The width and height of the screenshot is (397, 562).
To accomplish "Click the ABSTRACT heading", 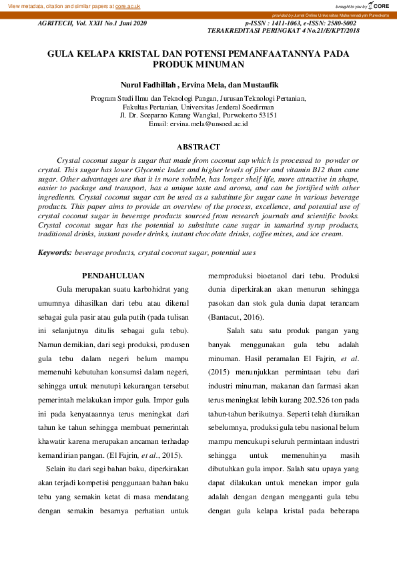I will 198,146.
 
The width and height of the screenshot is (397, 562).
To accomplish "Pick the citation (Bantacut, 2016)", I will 236,314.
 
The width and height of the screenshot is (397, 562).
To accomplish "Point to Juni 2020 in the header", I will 130,23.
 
